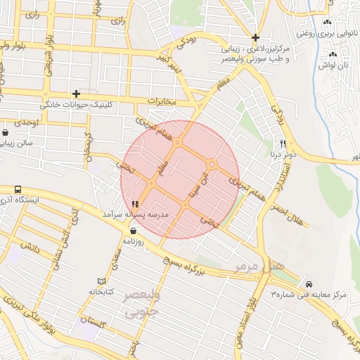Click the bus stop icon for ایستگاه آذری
coord(18,190)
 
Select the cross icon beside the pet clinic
coord(76,94)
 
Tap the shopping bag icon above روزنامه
coord(133,230)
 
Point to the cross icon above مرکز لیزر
coord(255,37)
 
